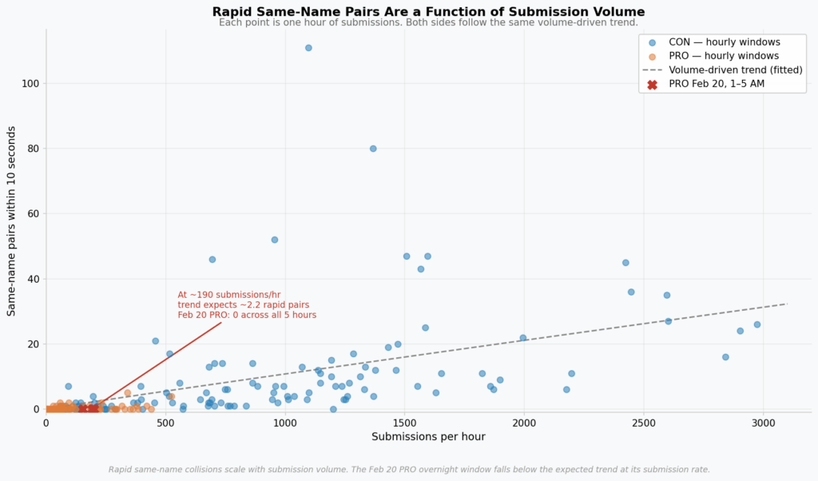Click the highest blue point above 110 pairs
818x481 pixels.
tap(308, 48)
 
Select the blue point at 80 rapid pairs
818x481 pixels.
tap(373, 149)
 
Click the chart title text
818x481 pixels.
tap(428, 12)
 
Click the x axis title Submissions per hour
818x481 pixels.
tap(428, 436)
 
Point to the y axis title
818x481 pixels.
tap(12, 220)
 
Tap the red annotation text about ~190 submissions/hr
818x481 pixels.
tap(247, 305)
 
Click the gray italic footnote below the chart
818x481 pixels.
tap(409, 469)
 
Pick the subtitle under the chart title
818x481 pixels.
tap(428, 22)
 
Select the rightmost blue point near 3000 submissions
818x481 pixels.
tap(756, 324)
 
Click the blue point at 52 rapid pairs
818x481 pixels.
tap(275, 240)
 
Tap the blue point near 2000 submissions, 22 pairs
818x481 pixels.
tap(523, 338)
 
